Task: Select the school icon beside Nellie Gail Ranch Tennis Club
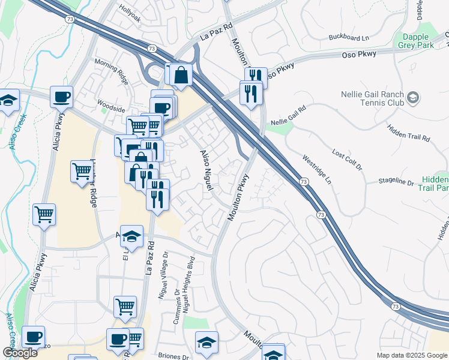[x=413, y=97]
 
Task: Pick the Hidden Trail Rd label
[x=409, y=133]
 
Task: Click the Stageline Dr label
[x=396, y=182]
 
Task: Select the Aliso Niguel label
[x=206, y=170]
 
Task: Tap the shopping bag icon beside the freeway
[x=181, y=76]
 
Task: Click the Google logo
[x=19, y=353]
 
